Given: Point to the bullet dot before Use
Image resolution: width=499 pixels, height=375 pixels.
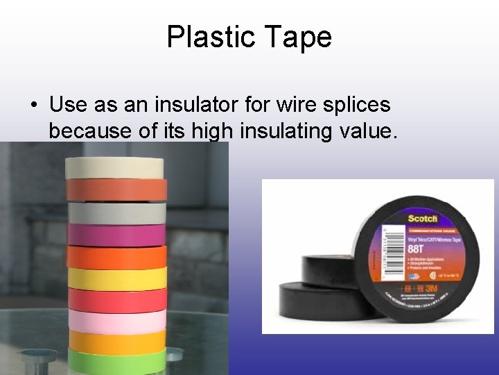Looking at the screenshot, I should pos(34,106).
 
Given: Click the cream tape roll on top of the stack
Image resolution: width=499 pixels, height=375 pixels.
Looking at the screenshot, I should pos(114,167).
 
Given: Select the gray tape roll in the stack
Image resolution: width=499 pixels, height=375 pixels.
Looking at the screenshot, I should pos(117,212).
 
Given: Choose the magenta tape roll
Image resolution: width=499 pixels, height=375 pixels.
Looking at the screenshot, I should pos(117,234).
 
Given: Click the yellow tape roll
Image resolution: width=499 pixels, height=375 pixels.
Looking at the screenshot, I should pos(117,278).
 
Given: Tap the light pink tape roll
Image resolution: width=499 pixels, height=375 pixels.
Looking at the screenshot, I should pos(117,321).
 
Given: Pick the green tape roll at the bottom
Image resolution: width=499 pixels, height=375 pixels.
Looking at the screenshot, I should pos(117,360).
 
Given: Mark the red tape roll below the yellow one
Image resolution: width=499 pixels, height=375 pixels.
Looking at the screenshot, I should pos(117,300).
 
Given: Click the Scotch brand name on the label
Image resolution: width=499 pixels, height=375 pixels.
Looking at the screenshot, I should pos(422,219).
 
